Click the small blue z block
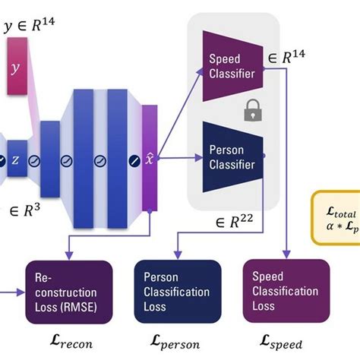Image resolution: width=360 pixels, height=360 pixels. pyautogui.click(x=16, y=161)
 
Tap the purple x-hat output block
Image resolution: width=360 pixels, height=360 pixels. pyautogui.click(x=149, y=160)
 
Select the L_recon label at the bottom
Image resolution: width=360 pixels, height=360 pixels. pyautogui.click(x=69, y=343)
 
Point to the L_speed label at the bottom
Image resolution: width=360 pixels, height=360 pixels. pyautogui.click(x=286, y=343)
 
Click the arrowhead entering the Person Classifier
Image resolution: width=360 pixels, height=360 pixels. pyautogui.click(x=199, y=158)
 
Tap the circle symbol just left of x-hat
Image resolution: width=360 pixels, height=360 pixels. pyautogui.click(x=133, y=161)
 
